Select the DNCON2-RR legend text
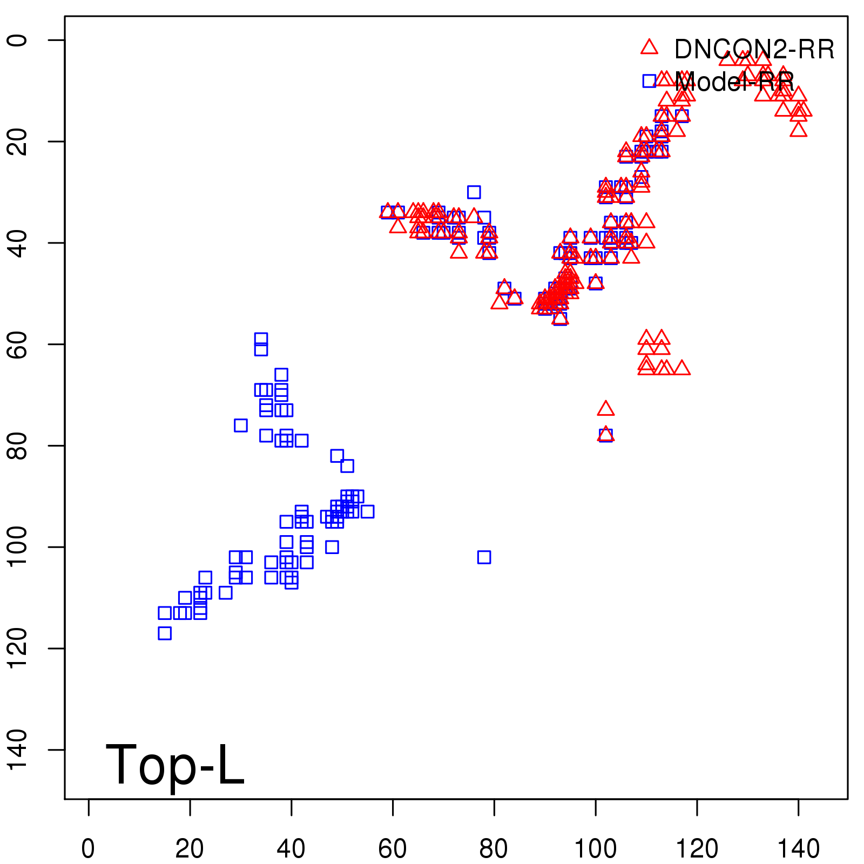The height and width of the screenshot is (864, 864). (x=754, y=50)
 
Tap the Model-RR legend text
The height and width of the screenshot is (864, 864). (x=734, y=82)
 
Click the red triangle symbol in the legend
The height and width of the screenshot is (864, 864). (x=649, y=48)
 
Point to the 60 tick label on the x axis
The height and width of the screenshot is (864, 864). (x=393, y=849)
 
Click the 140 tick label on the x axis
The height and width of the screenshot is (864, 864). (x=798, y=849)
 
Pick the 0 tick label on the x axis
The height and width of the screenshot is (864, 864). (x=88, y=849)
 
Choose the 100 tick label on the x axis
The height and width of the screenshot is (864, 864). (x=595, y=849)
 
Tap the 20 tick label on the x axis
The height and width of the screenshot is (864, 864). (x=190, y=849)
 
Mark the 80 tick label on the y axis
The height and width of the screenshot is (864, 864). (x=17, y=446)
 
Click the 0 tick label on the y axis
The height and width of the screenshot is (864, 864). (x=17, y=40)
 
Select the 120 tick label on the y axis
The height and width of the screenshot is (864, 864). (x=17, y=648)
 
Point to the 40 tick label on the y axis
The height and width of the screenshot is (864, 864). (x=17, y=243)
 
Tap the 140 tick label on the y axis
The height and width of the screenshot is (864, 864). (x=17, y=750)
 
